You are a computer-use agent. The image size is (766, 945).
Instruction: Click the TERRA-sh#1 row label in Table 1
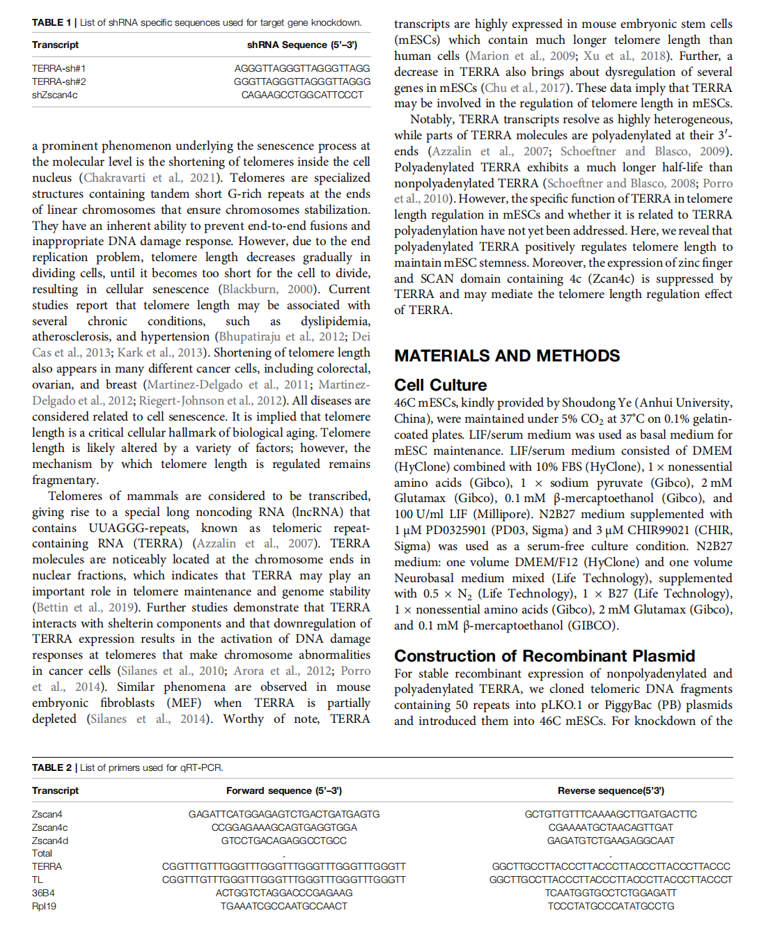[58, 68]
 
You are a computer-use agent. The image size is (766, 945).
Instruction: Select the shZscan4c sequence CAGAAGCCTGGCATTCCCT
[302, 95]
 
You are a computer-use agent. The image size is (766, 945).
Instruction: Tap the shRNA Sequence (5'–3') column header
[302, 45]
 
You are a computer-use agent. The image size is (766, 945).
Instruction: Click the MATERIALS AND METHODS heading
[507, 356]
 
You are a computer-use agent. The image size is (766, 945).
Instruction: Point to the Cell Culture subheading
[440, 385]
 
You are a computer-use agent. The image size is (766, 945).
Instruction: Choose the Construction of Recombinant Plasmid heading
[545, 656]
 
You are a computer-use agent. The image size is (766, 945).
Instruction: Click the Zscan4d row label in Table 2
[50, 841]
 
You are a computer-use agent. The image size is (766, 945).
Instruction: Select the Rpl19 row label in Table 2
[44, 906]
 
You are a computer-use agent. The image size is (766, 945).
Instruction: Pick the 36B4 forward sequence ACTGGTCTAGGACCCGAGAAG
[284, 893]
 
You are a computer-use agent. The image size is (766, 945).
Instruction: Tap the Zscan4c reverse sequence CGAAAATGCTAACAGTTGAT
[611, 827]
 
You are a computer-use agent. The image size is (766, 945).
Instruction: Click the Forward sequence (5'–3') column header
[284, 790]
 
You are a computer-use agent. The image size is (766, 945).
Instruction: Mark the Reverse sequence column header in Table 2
[611, 790]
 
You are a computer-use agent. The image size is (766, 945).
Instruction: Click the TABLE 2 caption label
[52, 767]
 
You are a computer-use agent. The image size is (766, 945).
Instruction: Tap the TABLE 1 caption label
[52, 22]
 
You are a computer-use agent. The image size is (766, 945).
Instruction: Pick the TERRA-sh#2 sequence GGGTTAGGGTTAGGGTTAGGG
[302, 81]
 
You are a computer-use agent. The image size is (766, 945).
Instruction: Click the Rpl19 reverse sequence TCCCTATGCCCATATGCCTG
[611, 906]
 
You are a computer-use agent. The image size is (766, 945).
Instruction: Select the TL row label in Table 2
[38, 880]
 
